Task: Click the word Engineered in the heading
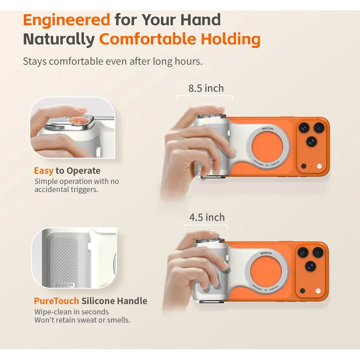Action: point(66,20)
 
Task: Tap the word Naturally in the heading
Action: point(59,39)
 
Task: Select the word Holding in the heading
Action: point(230,39)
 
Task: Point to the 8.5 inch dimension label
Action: point(206,88)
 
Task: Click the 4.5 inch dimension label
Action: point(207,218)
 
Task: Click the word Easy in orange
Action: point(44,171)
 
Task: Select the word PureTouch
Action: point(56,301)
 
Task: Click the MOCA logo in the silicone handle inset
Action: point(64,285)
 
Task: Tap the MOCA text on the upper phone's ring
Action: point(267,129)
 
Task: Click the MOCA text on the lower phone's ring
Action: point(266,253)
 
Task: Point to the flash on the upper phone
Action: point(319,166)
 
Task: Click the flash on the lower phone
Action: point(318,291)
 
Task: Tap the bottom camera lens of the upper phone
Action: point(311,142)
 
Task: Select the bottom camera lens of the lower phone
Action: point(310,267)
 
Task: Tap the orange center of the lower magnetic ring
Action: point(266,272)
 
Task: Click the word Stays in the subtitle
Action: point(35,62)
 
